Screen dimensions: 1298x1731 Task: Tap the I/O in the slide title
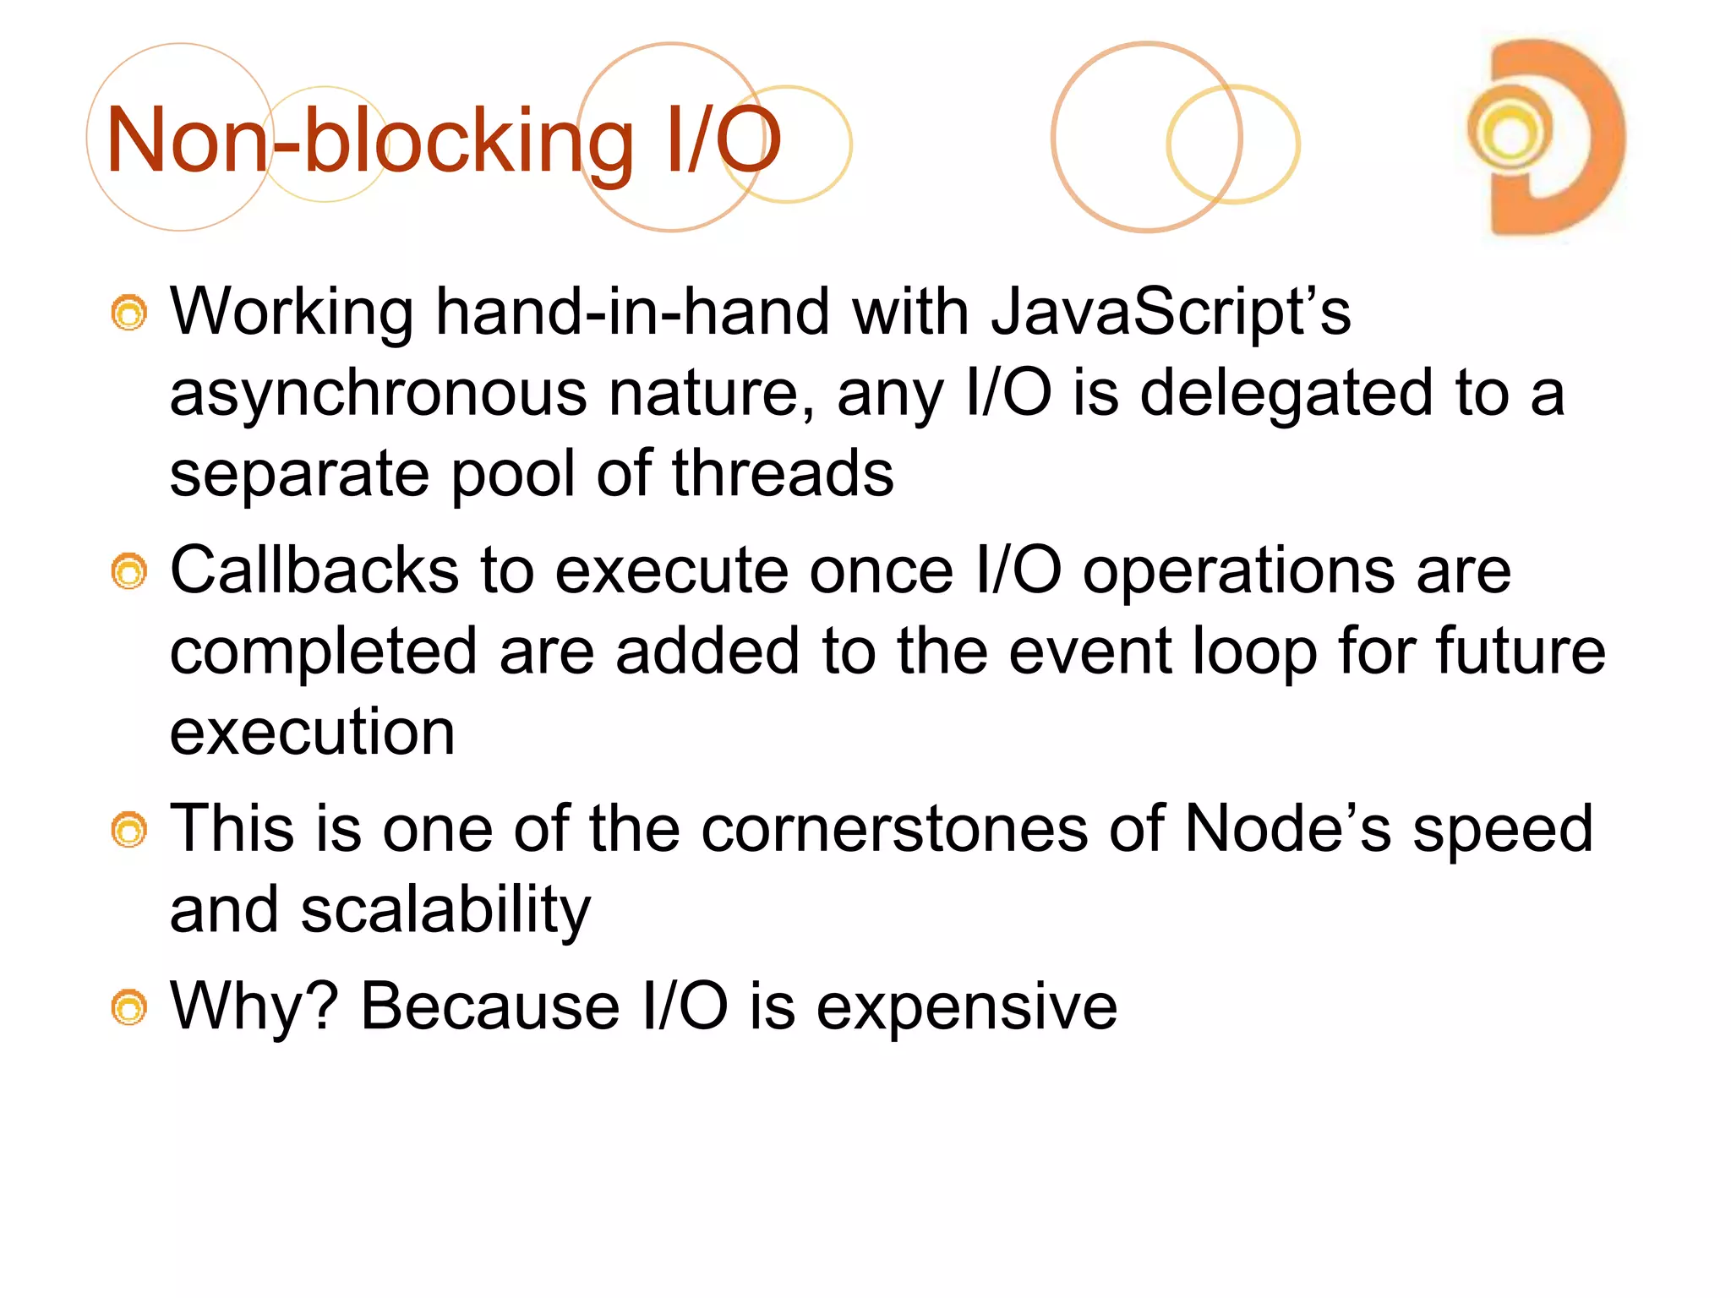pyautogui.click(x=723, y=141)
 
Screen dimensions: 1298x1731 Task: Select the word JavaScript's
pyautogui.click(x=1171, y=312)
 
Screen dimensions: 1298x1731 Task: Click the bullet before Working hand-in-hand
pyautogui.click(x=129, y=314)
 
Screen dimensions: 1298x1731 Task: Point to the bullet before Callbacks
pyautogui.click(x=129, y=573)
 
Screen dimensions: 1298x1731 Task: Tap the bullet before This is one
pyautogui.click(x=129, y=831)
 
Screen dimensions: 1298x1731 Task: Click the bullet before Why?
pyautogui.click(x=129, y=1008)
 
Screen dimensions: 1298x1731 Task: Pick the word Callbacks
pyautogui.click(x=314, y=570)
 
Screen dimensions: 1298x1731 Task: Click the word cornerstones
pyautogui.click(x=894, y=829)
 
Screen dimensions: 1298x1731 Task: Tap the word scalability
pyautogui.click(x=445, y=911)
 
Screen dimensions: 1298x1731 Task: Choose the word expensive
pyautogui.click(x=966, y=1007)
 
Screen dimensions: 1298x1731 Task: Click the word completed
pyautogui.click(x=324, y=652)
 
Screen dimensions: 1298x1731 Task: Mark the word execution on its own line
pyautogui.click(x=312, y=732)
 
